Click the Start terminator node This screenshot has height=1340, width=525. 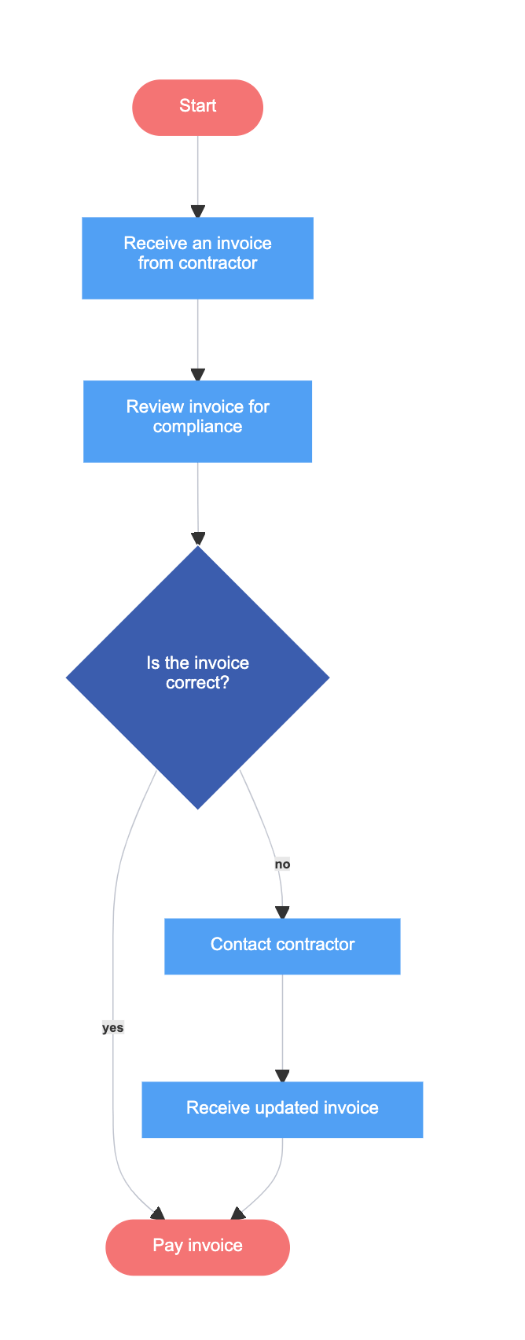(197, 107)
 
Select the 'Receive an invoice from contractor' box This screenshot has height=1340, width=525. (197, 258)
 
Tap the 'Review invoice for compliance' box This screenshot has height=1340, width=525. (197, 421)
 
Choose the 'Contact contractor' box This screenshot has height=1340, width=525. (282, 945)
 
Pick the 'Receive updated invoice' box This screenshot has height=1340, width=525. (282, 1109)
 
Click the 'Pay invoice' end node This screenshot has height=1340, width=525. (197, 1246)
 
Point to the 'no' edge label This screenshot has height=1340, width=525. (282, 864)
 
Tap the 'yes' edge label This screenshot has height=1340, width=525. (112, 1027)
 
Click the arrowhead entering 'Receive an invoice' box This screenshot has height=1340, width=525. (198, 211)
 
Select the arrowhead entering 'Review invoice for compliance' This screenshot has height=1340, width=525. (198, 375)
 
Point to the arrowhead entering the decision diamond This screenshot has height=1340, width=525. (198, 538)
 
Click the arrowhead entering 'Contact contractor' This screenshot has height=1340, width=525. (282, 912)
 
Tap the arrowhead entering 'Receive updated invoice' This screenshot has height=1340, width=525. (282, 1076)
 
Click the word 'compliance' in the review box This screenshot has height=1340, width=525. (197, 427)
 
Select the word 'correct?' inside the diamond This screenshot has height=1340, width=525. (197, 682)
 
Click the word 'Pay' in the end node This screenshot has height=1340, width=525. (167, 1246)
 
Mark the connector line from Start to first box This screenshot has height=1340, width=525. (198, 169)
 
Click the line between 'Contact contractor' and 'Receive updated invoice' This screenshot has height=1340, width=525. (282, 1022)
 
